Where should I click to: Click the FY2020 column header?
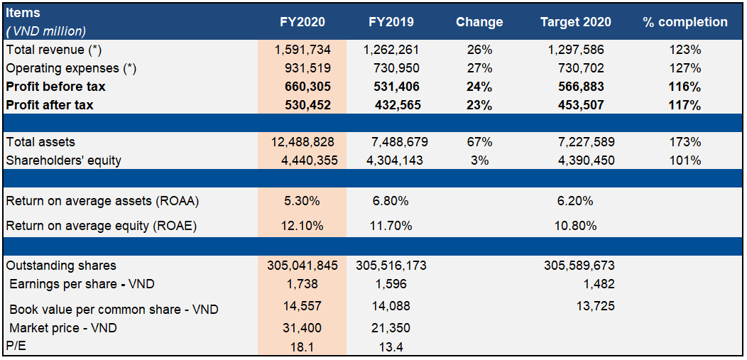click(x=302, y=22)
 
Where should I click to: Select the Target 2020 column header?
click(x=577, y=22)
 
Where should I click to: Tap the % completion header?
click(x=685, y=22)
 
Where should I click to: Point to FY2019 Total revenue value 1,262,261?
click(x=391, y=50)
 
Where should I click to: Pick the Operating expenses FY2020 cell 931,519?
click(x=302, y=68)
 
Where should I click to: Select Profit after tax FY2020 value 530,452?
click(x=302, y=105)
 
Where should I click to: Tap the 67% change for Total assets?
click(x=479, y=142)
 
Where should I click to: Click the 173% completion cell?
click(x=685, y=142)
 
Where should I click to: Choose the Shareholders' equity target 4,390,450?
click(x=577, y=160)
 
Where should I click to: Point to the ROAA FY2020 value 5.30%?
click(x=302, y=201)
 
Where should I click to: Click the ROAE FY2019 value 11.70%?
click(x=391, y=227)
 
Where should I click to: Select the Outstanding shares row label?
click(x=61, y=266)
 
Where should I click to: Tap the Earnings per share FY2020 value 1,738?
click(x=302, y=284)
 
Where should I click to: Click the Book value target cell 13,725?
click(x=595, y=306)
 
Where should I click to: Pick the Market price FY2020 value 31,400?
click(x=302, y=328)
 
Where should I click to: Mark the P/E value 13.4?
click(x=391, y=347)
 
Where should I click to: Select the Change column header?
click(x=479, y=22)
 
